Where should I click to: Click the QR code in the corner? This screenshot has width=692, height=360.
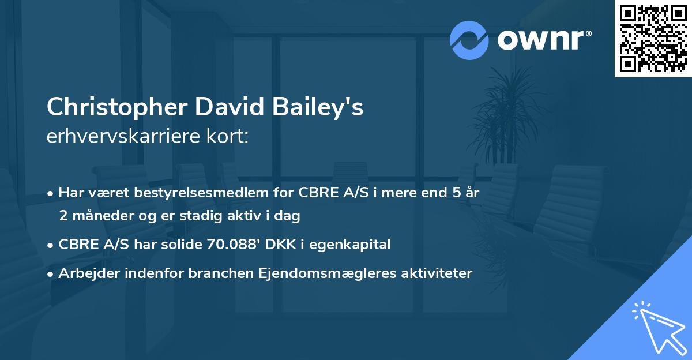pos(653,38)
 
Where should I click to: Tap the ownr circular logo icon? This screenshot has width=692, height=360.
pos(469,40)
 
